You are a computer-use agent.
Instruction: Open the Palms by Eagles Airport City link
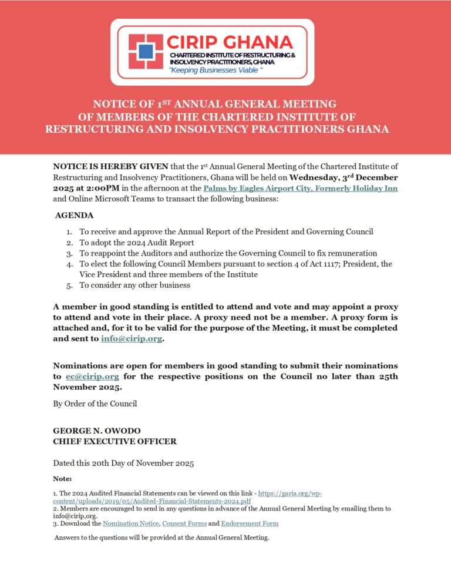pyautogui.click(x=300, y=188)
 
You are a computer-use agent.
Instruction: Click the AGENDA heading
pyautogui.click(x=74, y=216)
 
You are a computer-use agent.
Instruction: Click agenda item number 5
pyautogui.click(x=134, y=286)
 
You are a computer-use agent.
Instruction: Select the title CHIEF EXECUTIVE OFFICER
pyautogui.click(x=115, y=441)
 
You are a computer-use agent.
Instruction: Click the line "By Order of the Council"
pyautogui.click(x=95, y=404)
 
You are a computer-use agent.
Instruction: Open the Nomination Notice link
pyautogui.click(x=130, y=523)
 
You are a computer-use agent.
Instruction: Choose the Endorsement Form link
pyautogui.click(x=250, y=523)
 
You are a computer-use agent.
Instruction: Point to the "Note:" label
pyautogui.click(x=62, y=479)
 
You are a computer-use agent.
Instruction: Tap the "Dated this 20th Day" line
pyautogui.click(x=123, y=463)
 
